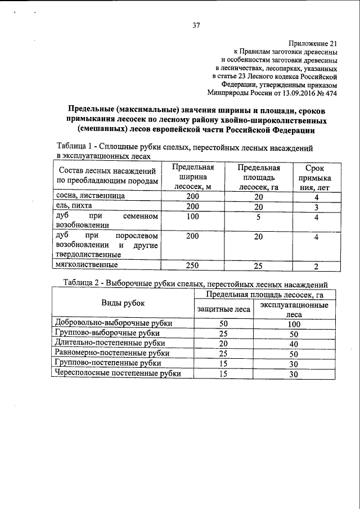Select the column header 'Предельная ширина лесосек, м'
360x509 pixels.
tap(192, 178)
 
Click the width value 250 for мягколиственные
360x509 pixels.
tap(192, 265)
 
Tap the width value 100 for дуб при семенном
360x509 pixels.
tap(192, 217)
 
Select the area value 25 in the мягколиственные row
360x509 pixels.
tap(258, 265)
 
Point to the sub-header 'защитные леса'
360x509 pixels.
tap(223, 308)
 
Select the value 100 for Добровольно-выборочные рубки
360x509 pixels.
tap(293, 324)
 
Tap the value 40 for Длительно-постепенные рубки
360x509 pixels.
tap(293, 344)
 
